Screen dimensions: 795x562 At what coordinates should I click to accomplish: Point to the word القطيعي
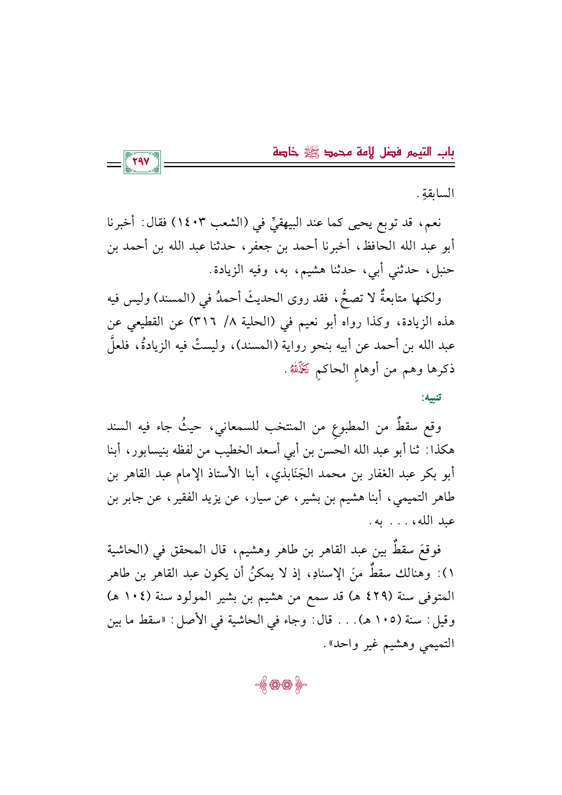145,322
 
